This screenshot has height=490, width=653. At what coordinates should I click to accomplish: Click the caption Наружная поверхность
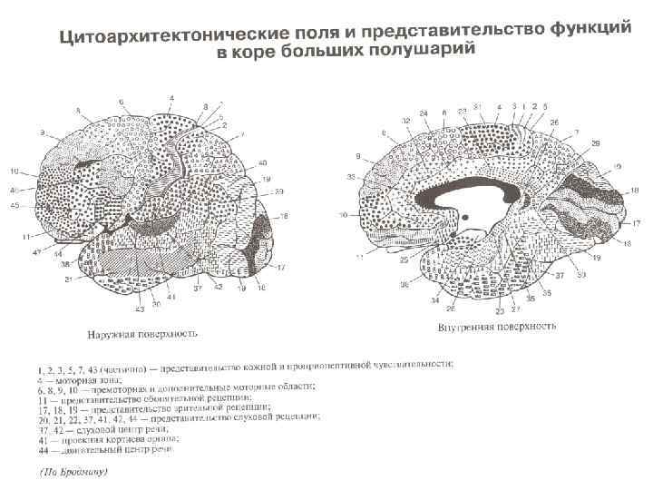click(142, 333)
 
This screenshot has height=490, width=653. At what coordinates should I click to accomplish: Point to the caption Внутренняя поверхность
click(495, 326)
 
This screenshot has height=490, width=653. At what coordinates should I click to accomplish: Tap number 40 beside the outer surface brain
click(263, 163)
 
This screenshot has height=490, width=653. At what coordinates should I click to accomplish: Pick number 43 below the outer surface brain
click(141, 309)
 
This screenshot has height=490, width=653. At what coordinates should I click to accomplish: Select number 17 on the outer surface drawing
click(280, 267)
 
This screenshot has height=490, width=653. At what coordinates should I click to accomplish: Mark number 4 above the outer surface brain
click(171, 97)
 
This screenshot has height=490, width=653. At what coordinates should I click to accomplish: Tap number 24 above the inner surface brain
click(423, 114)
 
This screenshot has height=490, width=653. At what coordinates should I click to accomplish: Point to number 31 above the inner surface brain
click(477, 107)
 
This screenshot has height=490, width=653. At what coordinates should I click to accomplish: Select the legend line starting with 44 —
click(109, 448)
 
